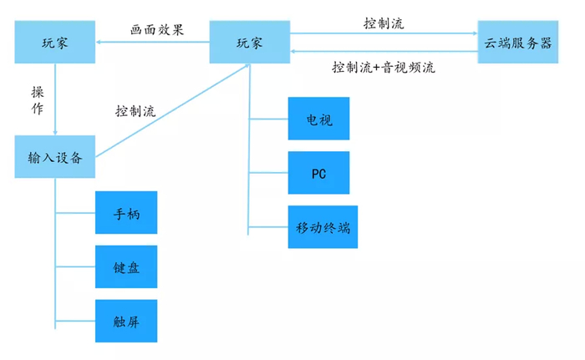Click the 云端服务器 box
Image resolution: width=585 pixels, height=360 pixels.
tap(517, 42)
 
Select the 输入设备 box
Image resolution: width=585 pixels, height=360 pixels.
tap(54, 156)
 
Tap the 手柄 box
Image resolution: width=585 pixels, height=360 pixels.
tap(126, 214)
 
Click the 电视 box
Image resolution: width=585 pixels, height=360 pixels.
tap(318, 119)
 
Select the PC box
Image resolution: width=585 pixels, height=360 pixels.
tap(318, 172)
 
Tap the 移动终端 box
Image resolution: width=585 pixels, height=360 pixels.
tap(322, 226)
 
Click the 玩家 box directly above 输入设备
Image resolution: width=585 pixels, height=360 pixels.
tap(54, 42)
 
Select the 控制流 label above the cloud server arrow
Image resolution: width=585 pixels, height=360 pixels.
tap(384, 23)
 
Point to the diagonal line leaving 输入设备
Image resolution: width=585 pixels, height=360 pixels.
tap(167, 111)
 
